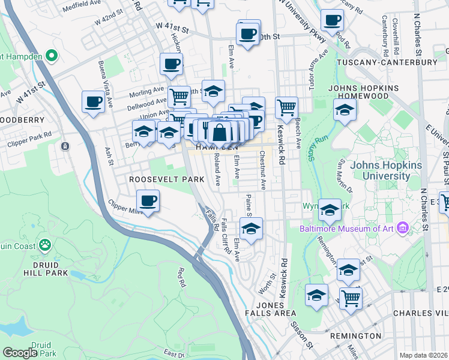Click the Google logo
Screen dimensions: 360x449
tap(20, 353)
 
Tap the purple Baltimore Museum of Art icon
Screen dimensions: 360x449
tap(402, 227)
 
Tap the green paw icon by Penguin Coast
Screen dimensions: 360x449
tap(44, 245)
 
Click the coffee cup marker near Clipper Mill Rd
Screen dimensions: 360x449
tap(148, 200)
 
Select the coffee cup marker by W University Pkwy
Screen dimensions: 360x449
tap(331, 21)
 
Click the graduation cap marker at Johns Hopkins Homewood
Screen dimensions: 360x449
tap(345, 110)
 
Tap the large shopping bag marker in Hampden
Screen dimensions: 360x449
tap(220, 132)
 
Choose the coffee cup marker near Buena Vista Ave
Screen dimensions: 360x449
tap(93, 102)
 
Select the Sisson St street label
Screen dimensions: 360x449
tap(303, 337)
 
